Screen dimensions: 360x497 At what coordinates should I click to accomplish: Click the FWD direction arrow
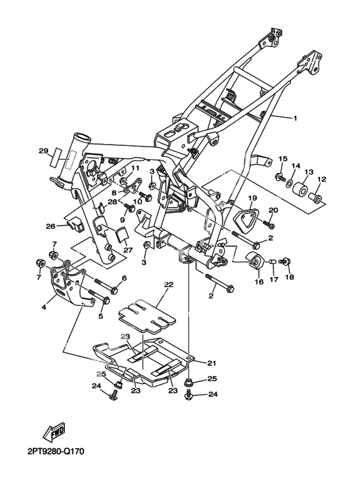[55, 432]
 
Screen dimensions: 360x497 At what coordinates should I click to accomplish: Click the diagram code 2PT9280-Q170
[56, 451]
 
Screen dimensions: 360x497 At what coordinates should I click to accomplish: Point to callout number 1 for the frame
[294, 118]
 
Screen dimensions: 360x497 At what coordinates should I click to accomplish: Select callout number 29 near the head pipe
[44, 151]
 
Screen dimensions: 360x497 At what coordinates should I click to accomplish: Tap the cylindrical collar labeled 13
[299, 188]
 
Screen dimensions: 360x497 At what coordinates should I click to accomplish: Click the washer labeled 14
[289, 183]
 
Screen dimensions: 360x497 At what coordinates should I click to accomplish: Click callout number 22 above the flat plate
[168, 285]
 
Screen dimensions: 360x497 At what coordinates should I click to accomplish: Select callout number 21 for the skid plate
[212, 363]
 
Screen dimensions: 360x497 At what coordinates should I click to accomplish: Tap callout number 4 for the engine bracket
[44, 307]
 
